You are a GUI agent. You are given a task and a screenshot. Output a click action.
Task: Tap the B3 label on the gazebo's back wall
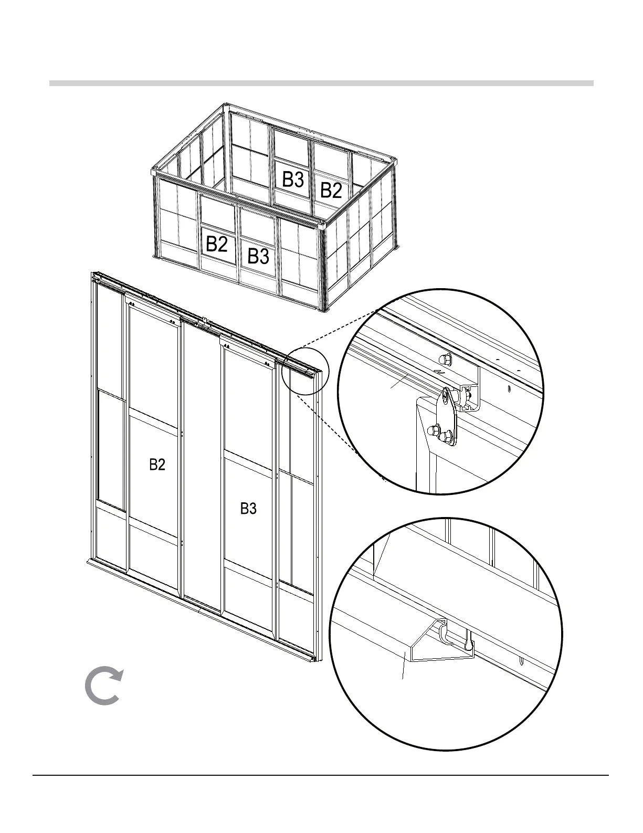[293, 180]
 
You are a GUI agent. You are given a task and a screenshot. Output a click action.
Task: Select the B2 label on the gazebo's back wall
[331, 190]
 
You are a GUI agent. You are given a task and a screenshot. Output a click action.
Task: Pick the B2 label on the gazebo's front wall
[216, 244]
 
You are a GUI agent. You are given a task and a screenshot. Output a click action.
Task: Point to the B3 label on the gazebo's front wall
[258, 256]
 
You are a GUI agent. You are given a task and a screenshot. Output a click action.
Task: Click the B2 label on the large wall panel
[157, 465]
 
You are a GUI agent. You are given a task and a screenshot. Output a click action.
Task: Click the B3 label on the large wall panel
[248, 508]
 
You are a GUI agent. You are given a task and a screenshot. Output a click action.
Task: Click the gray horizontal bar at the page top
[321, 83]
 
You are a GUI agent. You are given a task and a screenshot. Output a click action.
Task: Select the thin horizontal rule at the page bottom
[321, 775]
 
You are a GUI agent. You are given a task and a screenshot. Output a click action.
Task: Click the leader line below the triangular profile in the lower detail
[403, 670]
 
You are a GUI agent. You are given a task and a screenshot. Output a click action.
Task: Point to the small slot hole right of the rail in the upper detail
[509, 388]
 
